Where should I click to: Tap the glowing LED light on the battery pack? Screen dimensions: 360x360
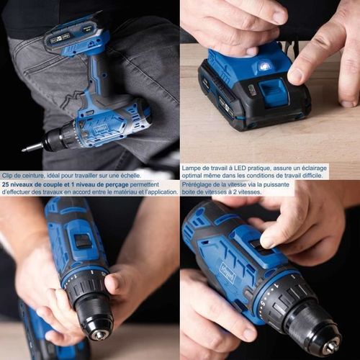[264, 66]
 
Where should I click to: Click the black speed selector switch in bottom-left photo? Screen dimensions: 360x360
[84, 240]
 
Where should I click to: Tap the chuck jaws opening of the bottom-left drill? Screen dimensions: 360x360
[99, 334]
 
